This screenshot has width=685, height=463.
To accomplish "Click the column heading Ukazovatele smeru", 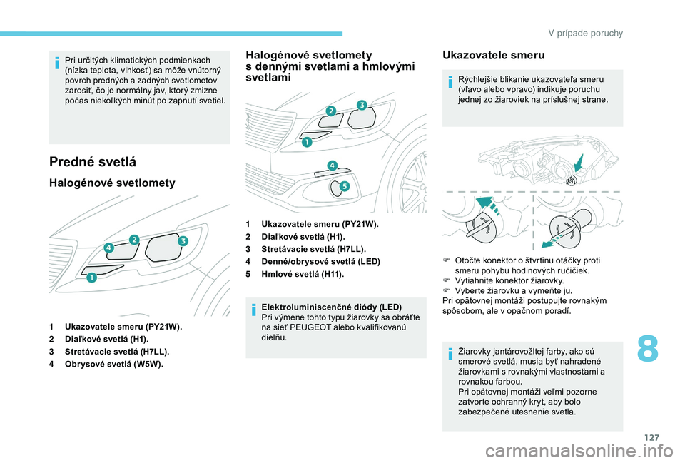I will tap(493, 55).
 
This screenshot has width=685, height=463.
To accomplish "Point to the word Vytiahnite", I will tap(477, 281).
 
